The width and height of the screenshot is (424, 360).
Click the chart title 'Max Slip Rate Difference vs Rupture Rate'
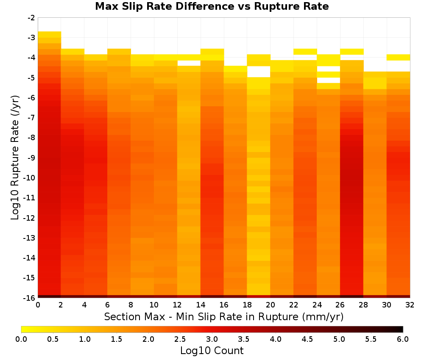pyautogui.click(x=212, y=6)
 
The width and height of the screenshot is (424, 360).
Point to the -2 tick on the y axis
pyautogui.click(x=31, y=18)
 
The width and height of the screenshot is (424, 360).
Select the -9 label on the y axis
pyautogui.click(x=31, y=158)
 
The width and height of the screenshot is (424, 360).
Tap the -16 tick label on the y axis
pyautogui.click(x=30, y=298)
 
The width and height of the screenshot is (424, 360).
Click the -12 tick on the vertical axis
pyautogui.click(x=30, y=218)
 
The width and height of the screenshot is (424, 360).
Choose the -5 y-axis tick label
pyautogui.click(x=31, y=78)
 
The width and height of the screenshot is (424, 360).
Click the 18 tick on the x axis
pyautogui.click(x=247, y=305)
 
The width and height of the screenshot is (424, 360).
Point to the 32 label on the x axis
pyautogui.click(x=410, y=305)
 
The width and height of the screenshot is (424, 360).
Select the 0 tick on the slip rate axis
pyautogui.click(x=38, y=305)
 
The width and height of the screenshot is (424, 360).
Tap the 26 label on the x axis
pyautogui.click(x=340, y=305)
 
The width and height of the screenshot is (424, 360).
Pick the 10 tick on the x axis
pyautogui.click(x=154, y=305)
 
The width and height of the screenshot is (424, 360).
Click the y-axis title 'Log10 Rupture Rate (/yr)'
pyautogui.click(x=15, y=158)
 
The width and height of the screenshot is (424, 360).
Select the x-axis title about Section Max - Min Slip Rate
pyautogui.click(x=224, y=316)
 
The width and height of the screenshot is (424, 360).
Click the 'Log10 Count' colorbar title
pyautogui.click(x=212, y=351)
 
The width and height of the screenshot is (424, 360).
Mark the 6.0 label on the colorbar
pyautogui.click(x=403, y=339)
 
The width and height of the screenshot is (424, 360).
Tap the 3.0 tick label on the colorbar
pyautogui.click(x=212, y=339)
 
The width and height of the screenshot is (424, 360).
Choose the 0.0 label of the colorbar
pyautogui.click(x=21, y=339)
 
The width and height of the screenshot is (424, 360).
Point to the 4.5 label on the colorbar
pyautogui.click(x=307, y=339)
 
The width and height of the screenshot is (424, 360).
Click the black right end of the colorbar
pyautogui.click(x=401, y=329)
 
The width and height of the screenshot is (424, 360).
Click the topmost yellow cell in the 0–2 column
pyautogui.click(x=50, y=34)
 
